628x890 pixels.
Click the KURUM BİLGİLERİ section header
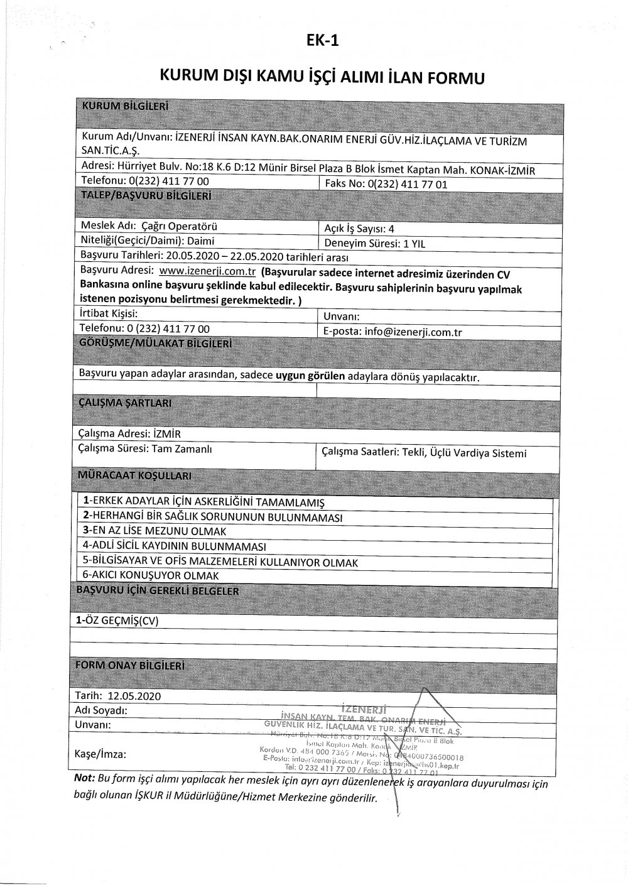[x=125, y=106]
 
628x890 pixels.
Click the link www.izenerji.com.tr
[x=207, y=271]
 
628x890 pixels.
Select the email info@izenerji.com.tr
[x=413, y=332]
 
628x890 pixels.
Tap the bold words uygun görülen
[x=311, y=376]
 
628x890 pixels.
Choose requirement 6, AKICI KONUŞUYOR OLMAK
[x=151, y=575]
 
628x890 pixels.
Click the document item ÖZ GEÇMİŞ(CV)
[x=117, y=620]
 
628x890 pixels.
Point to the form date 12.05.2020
[x=134, y=696]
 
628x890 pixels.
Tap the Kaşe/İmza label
[x=100, y=754]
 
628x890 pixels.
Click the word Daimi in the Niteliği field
[x=200, y=241]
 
